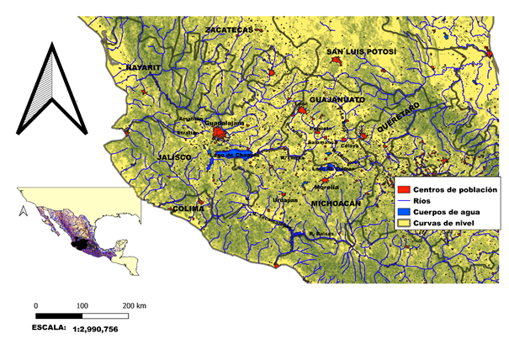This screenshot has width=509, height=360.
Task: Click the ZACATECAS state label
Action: coord(229,31)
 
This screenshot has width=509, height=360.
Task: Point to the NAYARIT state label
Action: coord(143,66)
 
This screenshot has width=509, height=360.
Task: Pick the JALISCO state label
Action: coord(174,157)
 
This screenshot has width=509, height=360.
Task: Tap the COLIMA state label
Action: coord(188,208)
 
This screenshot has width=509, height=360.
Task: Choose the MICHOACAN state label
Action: coord(336,204)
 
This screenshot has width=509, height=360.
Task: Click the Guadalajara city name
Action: coord(224,123)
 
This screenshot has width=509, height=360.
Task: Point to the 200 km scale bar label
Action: coord(135,304)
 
